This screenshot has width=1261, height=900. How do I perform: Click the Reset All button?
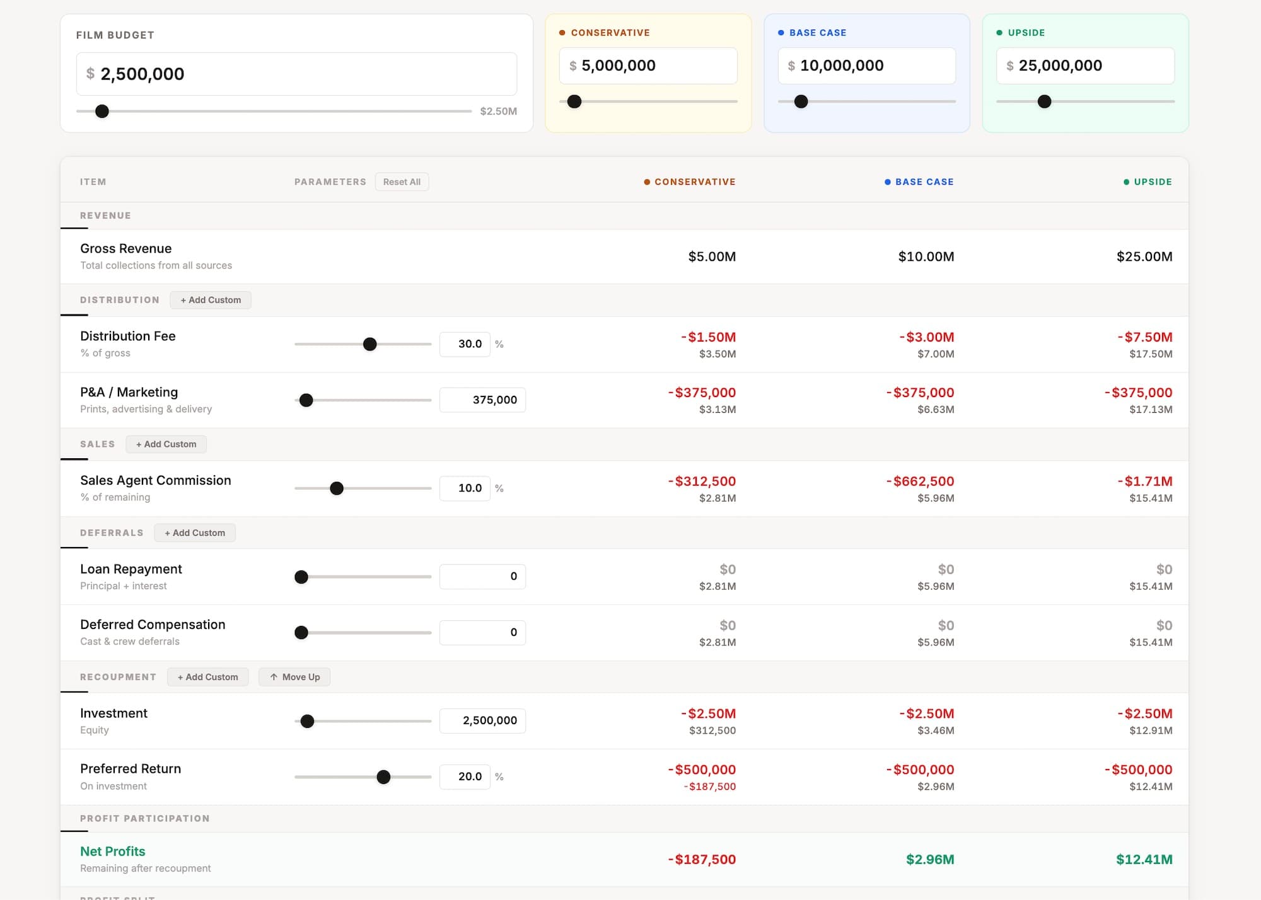point(402,182)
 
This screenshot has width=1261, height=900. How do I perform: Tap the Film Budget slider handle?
point(102,112)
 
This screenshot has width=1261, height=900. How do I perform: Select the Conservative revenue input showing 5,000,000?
point(648,66)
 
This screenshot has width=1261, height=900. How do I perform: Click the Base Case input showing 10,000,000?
point(866,66)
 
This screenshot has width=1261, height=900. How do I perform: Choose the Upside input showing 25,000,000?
point(1085,66)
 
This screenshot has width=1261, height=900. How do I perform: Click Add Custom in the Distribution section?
point(211,300)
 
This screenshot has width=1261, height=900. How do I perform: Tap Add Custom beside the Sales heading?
point(166,444)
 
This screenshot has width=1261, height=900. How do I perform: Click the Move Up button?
point(294,677)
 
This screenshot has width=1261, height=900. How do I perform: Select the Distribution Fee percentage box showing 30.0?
point(465,344)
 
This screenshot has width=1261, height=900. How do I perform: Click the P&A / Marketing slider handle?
point(306,400)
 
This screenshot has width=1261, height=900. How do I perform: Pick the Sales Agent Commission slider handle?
point(337,488)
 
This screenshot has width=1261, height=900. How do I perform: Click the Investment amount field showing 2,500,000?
point(482,720)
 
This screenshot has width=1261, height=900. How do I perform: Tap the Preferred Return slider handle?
point(383,777)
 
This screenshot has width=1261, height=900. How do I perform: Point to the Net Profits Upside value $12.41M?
point(1144,860)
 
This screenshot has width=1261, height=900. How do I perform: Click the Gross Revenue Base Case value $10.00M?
point(926,257)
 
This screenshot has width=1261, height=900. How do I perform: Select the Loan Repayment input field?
point(482,577)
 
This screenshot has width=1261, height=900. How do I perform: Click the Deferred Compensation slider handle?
point(301,632)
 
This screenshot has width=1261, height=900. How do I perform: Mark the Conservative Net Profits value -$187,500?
point(702,860)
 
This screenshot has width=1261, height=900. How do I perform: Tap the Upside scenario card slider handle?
point(1045,101)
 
